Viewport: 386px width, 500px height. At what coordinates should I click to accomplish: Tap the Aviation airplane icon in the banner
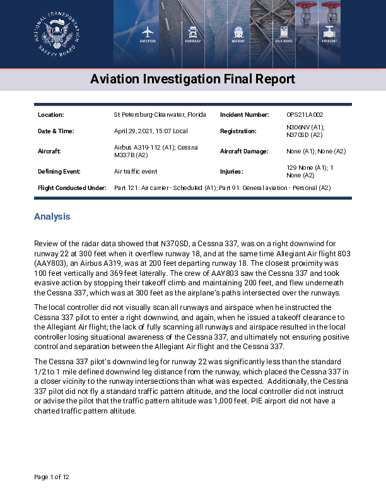(148, 33)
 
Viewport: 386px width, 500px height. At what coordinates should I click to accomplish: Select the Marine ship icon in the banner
(238, 33)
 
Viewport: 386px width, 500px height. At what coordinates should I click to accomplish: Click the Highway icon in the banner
(193, 33)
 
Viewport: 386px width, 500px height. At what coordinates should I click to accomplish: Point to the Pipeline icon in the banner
(329, 33)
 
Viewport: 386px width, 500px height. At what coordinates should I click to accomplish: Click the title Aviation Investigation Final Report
(192, 80)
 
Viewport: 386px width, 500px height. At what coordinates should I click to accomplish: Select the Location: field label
(51, 115)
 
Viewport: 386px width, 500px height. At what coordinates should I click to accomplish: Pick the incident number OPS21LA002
(305, 115)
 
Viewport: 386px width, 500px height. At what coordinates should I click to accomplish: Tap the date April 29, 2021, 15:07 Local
(151, 131)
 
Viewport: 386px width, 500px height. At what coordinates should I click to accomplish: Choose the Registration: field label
(238, 131)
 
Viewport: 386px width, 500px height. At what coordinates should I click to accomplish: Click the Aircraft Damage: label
(244, 152)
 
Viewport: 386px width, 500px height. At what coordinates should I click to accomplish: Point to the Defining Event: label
(59, 171)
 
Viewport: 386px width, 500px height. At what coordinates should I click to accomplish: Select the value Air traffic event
(135, 171)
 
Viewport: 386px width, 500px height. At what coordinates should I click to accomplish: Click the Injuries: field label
(231, 171)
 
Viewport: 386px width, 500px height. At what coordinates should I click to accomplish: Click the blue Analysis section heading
(52, 217)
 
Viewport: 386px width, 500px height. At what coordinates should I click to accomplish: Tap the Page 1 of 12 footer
(52, 477)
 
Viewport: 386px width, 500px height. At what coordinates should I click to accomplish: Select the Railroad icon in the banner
(284, 33)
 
